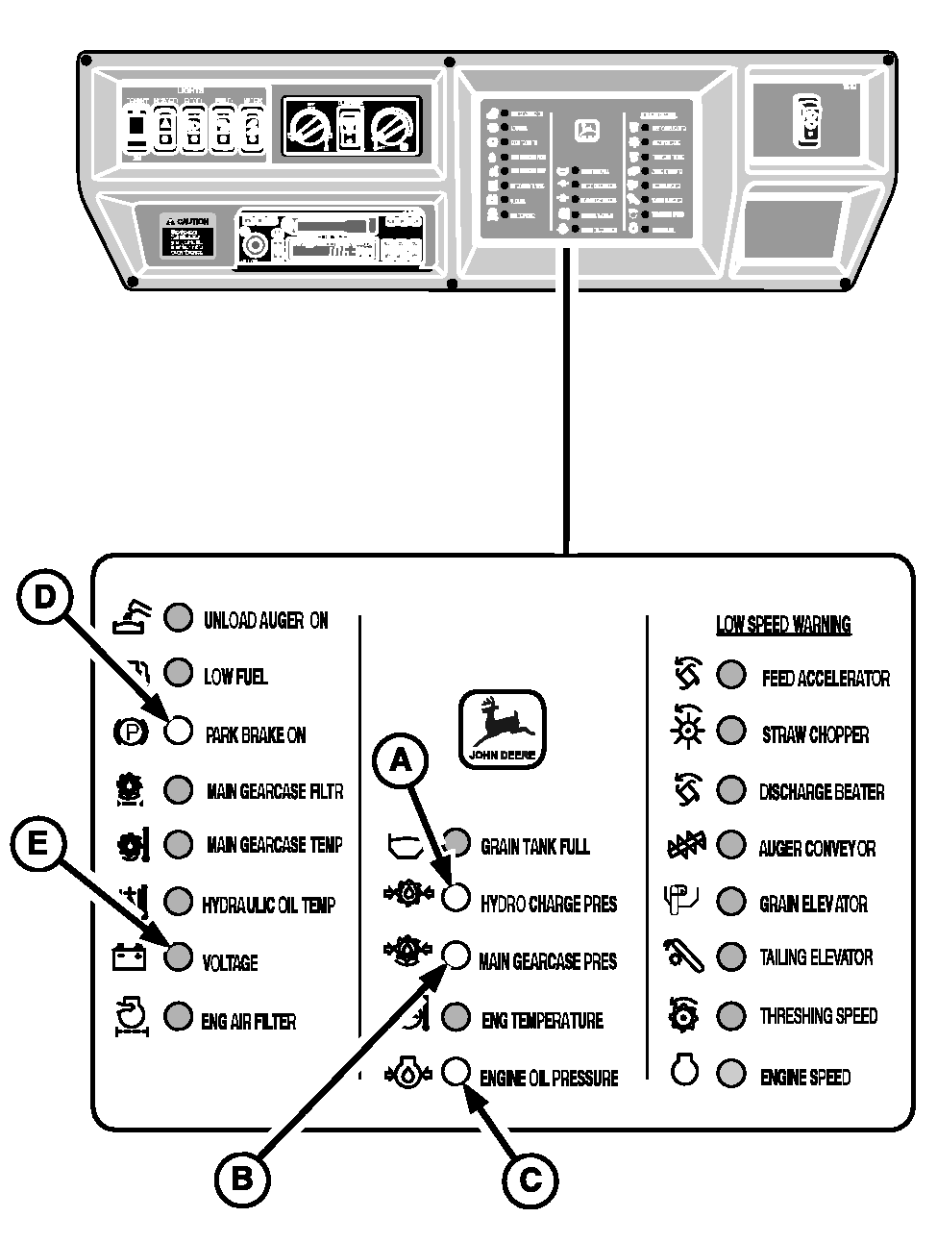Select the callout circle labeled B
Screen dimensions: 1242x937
[x=241, y=1178]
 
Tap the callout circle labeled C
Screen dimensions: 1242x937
[x=530, y=1179]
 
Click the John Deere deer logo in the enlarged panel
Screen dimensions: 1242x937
[x=502, y=728]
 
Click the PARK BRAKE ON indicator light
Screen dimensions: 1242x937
[x=179, y=732]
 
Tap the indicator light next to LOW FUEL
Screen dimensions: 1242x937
[x=179, y=674]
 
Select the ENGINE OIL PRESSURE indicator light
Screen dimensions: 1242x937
[x=456, y=1071]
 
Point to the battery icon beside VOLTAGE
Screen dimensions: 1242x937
[x=129, y=957]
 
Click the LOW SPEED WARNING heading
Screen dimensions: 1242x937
[x=783, y=625]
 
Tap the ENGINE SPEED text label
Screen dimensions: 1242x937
[x=805, y=1077]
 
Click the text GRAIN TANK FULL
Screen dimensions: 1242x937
[x=534, y=846]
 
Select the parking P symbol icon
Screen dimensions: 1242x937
[x=131, y=733]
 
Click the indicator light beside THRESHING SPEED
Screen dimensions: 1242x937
[x=731, y=1014]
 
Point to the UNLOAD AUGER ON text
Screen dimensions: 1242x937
[x=266, y=620]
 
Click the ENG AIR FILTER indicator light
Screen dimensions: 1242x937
[x=179, y=1016]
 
